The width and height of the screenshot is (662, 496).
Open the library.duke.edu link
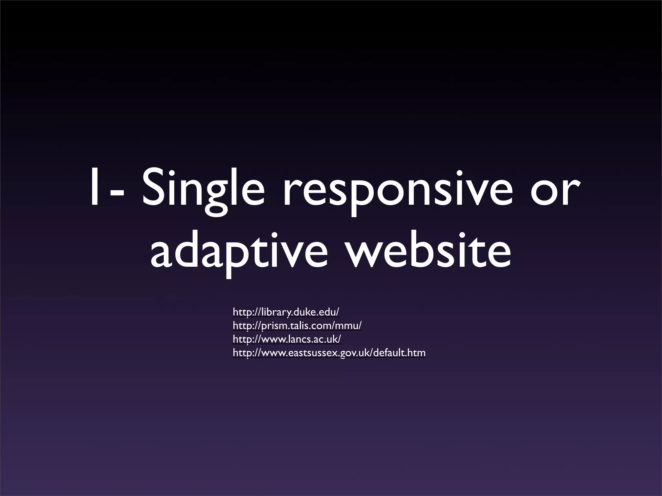(286, 312)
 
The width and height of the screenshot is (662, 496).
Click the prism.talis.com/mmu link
(297, 326)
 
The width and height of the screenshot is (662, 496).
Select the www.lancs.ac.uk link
(287, 339)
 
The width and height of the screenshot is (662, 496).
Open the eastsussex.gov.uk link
(329, 353)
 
